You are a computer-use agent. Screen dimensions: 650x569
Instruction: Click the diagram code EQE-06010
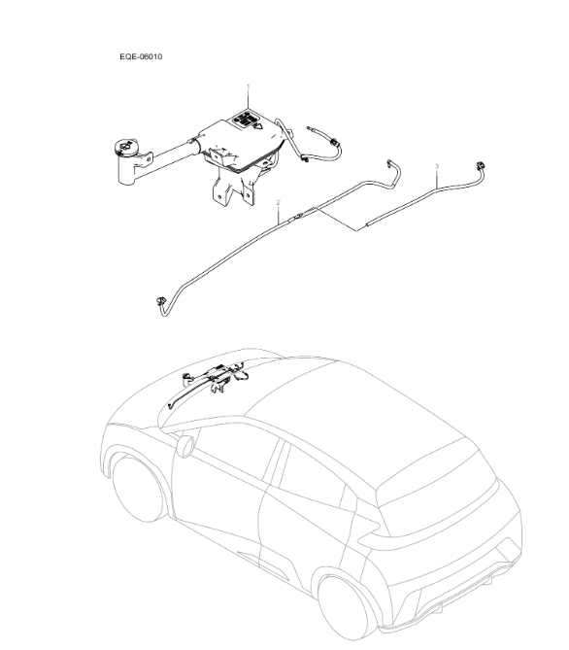[x=141, y=57]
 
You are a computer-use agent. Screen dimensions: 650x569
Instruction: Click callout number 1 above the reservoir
[x=248, y=86]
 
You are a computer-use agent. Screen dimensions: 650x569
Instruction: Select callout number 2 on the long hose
[x=279, y=203]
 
